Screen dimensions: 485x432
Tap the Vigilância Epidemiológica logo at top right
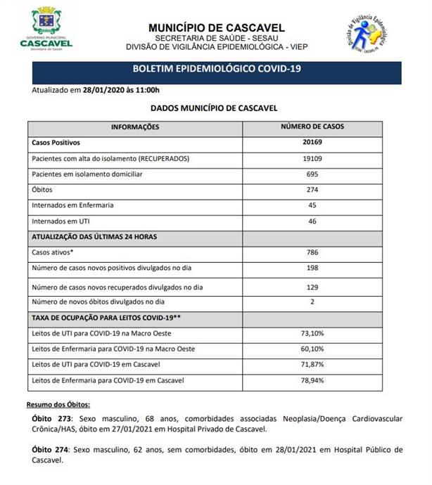click(372, 37)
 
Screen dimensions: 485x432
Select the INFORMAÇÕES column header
click(136, 127)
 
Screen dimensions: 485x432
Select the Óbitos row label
click(42, 190)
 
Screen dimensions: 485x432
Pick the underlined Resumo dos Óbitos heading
click(58, 406)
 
